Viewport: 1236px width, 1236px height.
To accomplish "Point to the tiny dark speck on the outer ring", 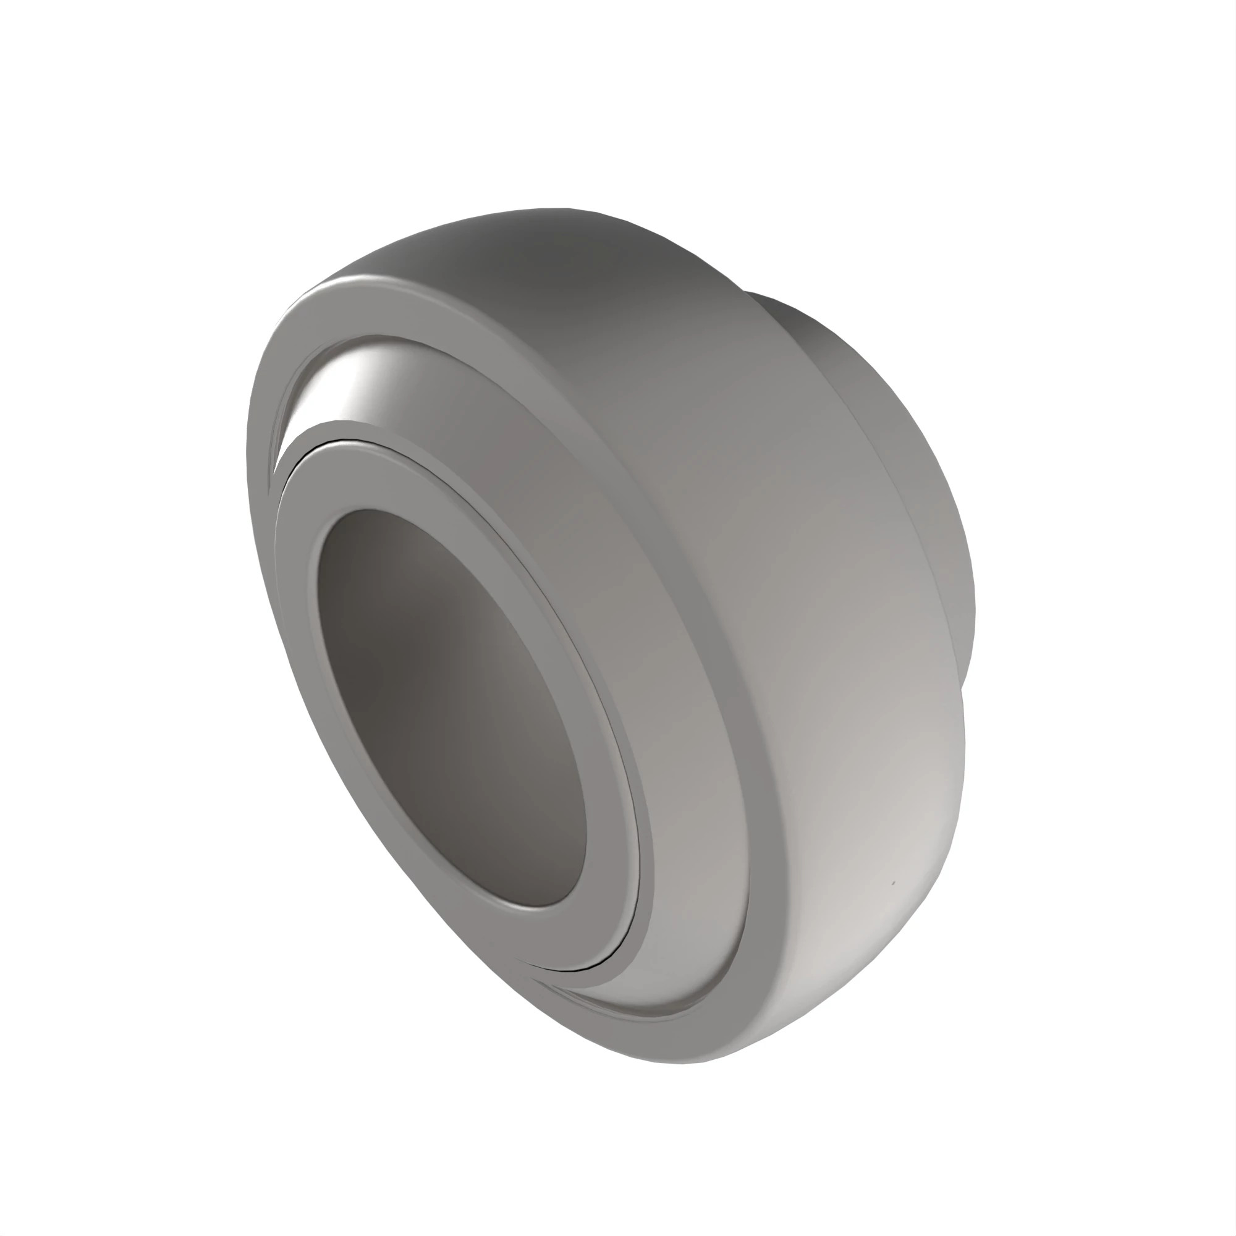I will (x=894, y=884).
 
